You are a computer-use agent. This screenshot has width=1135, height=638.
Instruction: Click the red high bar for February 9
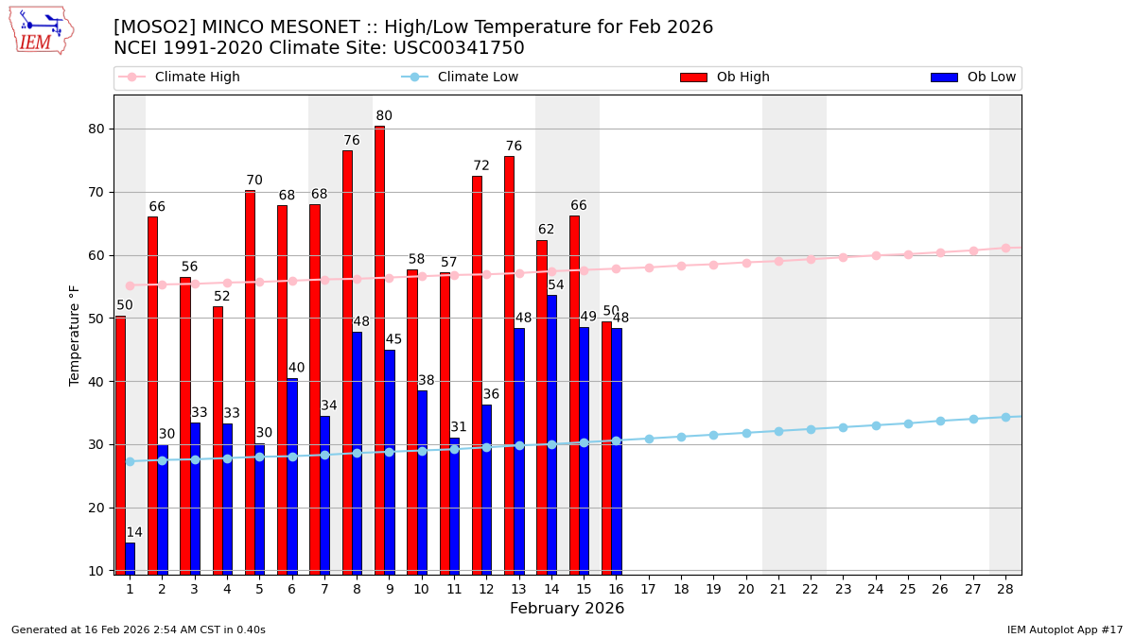point(379,350)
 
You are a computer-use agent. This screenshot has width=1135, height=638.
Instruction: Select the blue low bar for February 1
point(130,558)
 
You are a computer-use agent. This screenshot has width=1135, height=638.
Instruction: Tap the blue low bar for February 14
point(551,435)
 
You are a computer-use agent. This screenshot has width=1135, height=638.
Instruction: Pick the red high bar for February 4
point(218,440)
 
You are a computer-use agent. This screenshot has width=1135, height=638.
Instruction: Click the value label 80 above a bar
point(384,116)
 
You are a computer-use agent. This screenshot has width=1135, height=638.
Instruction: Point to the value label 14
point(134,533)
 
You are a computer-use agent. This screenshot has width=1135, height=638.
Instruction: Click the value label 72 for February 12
point(481,166)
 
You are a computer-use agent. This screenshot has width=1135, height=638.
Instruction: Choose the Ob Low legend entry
point(973,78)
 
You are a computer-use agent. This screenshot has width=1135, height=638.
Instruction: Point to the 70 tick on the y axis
point(95,192)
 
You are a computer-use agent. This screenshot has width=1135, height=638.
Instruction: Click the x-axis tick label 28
point(1005,589)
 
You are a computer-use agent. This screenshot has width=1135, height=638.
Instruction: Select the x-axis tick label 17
point(648,589)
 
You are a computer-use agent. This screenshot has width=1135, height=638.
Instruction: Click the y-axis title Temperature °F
point(76,335)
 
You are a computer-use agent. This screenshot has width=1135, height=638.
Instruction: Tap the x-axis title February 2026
point(567,609)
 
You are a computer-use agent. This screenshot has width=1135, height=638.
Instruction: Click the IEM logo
point(41,30)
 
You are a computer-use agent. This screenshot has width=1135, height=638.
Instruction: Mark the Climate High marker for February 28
point(1005,248)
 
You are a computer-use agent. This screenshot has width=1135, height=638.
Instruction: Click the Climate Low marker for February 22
point(811,429)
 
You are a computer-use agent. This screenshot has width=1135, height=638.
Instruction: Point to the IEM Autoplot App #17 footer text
point(1064,629)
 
